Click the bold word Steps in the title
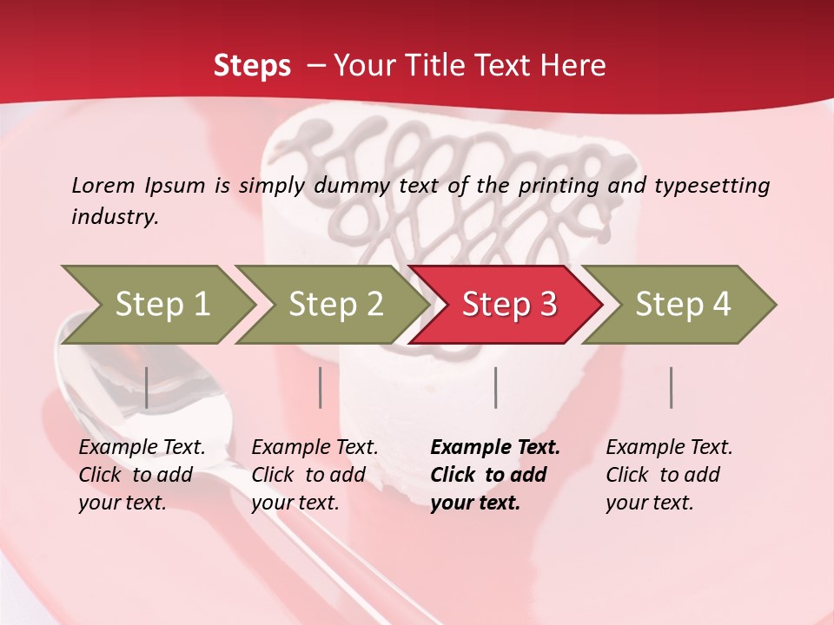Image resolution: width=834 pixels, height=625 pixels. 252,66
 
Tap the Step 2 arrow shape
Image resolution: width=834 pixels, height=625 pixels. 335,304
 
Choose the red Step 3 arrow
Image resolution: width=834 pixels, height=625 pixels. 509,304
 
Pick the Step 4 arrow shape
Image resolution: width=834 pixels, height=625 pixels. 683,304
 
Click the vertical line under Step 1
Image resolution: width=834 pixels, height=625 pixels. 147,387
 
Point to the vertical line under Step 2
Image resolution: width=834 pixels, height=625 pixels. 321,387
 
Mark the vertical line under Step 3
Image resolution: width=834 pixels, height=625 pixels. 496,387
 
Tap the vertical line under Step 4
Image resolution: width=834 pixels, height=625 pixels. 672,387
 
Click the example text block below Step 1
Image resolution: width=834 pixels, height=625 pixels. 142,475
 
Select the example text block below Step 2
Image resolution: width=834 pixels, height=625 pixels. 314,475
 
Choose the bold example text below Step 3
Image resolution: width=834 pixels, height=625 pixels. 495,475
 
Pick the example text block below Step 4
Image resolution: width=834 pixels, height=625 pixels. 669,475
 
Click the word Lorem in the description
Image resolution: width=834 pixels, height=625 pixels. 103,185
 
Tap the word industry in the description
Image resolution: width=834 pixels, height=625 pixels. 115,217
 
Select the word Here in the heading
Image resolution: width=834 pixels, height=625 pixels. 577,66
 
